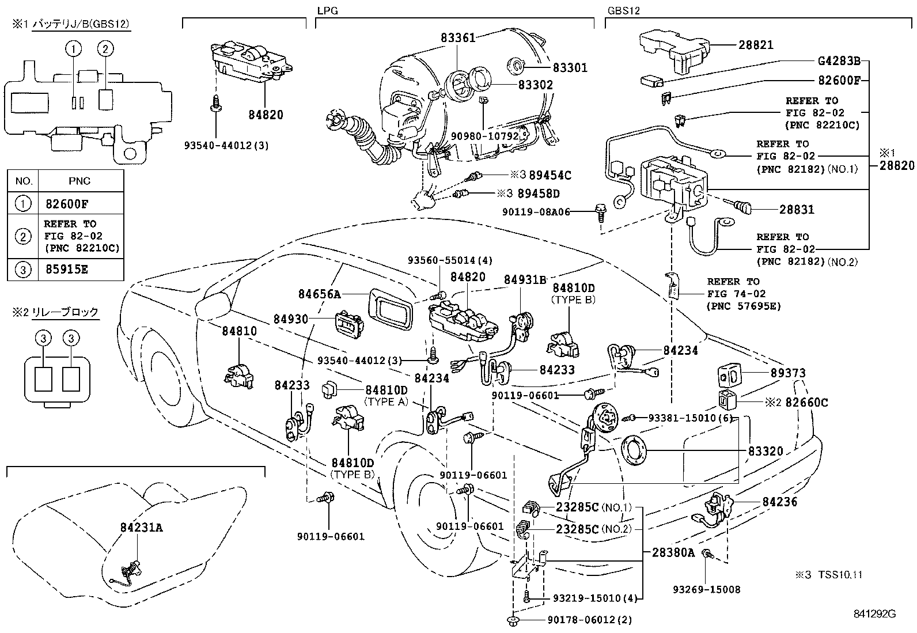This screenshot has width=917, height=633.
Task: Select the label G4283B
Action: pyautogui.click(x=838, y=60)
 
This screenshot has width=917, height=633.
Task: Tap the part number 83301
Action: pyautogui.click(x=570, y=68)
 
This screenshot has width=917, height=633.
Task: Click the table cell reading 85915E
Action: pyautogui.click(x=67, y=270)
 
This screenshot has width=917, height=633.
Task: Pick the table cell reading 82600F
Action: pyautogui.click(x=67, y=204)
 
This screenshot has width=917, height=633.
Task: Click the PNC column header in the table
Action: pyautogui.click(x=79, y=181)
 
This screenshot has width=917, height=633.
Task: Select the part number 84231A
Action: pyautogui.click(x=142, y=527)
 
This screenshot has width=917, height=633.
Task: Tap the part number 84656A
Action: pyautogui.click(x=320, y=294)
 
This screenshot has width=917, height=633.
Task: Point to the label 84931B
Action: pyautogui.click(x=525, y=280)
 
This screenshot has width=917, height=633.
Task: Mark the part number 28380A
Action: pyautogui.click(x=674, y=553)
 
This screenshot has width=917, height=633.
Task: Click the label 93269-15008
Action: pyautogui.click(x=707, y=589)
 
